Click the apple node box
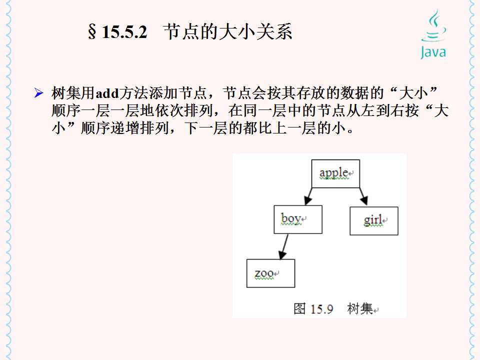[x=335, y=173]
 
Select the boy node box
[x=297, y=219]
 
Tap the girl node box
[x=373, y=220]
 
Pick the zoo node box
[x=270, y=273]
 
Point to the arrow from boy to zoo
[x=284, y=246]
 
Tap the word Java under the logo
[x=433, y=51]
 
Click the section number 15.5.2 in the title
[x=124, y=33]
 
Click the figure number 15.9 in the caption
[x=321, y=309]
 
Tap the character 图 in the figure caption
[x=299, y=308]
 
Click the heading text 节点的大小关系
[x=228, y=32]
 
